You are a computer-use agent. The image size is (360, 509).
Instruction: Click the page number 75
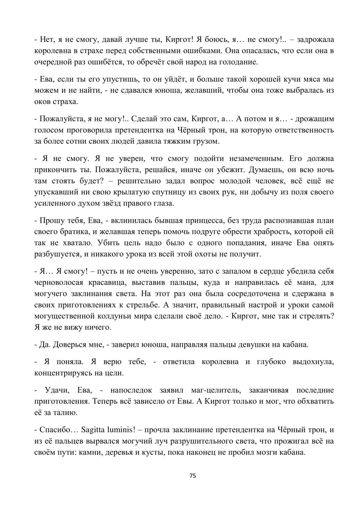point(193,476)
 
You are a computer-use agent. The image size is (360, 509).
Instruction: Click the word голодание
point(236,62)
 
